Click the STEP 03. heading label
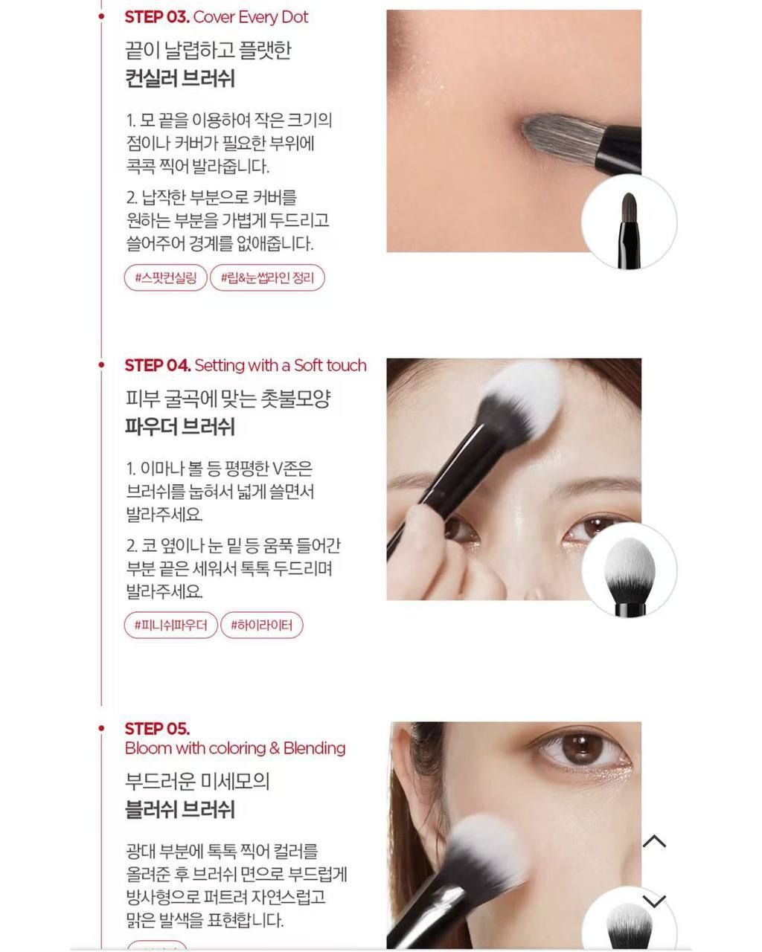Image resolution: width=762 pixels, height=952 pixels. click(x=157, y=17)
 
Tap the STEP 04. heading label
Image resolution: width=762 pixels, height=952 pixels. click(x=158, y=365)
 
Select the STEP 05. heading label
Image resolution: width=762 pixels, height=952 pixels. click(x=157, y=729)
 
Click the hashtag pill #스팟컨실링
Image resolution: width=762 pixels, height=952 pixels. click(x=166, y=278)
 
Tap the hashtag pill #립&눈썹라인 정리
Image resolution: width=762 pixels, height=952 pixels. click(x=267, y=278)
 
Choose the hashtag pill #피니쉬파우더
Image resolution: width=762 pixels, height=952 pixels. click(x=171, y=625)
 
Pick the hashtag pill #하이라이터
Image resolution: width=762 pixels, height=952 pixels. click(x=262, y=625)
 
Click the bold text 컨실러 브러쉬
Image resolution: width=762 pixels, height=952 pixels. click(x=180, y=79)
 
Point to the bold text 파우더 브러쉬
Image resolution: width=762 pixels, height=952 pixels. click(x=180, y=427)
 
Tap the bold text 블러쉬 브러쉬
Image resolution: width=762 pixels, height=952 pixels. click(x=180, y=809)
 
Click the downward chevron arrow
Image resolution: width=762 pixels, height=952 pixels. click(x=654, y=901)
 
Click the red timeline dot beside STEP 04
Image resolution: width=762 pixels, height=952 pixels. click(x=101, y=365)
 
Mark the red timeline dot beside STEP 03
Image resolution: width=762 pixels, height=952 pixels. click(x=101, y=16)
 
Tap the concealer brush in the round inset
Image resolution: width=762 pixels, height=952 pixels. click(x=629, y=230)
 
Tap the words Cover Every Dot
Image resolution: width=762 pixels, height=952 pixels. click(x=251, y=17)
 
